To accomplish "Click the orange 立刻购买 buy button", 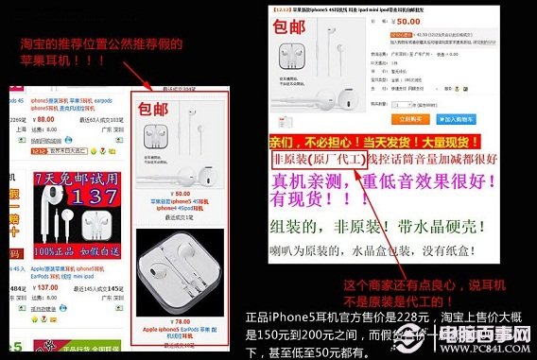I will (409, 120).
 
